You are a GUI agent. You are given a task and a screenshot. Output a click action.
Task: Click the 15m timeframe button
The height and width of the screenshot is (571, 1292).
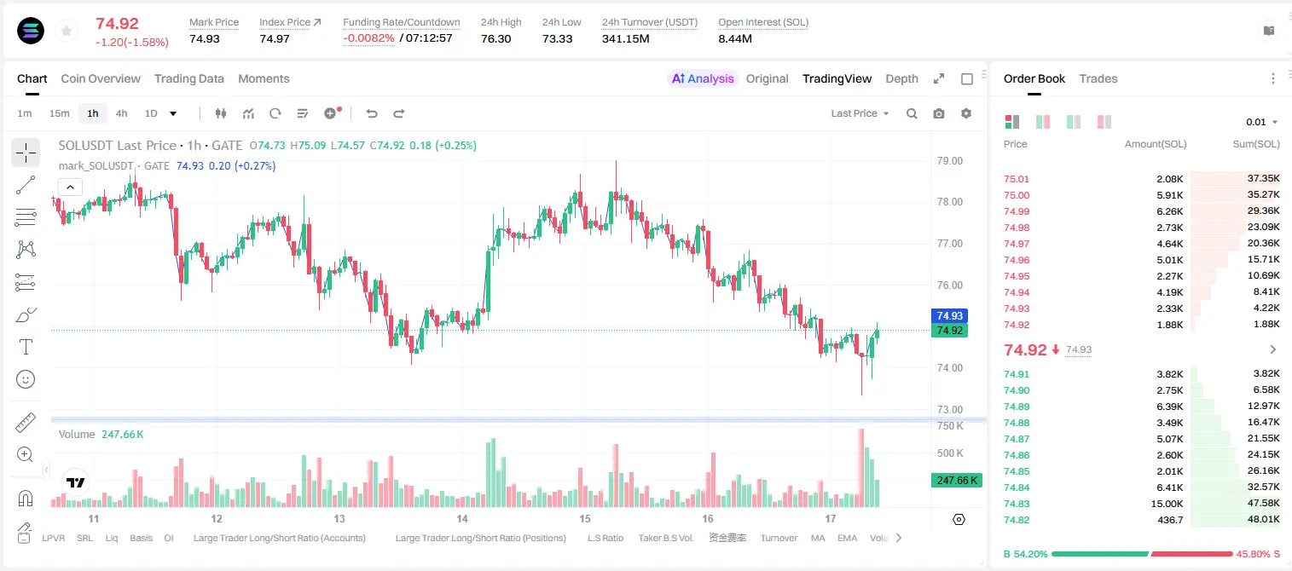59,113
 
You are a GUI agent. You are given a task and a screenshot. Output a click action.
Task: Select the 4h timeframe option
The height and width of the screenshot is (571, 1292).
121,113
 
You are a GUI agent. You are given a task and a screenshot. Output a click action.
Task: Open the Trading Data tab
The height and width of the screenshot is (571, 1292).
188,78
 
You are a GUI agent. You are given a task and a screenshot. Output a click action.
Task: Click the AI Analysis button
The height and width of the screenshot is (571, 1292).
703,78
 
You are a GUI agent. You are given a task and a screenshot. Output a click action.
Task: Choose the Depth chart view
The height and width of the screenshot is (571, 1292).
901,78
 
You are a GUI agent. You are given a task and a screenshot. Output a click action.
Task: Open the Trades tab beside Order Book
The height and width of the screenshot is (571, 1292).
1098,78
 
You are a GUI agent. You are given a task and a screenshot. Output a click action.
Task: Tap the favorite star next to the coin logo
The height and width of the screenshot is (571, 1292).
67,31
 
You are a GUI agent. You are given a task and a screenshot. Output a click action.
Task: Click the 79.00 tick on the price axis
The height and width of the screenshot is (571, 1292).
949,161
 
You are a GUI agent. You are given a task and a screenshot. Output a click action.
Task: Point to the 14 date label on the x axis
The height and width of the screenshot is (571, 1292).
462,518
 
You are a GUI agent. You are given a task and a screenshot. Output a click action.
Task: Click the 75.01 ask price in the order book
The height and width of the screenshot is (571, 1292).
1017,179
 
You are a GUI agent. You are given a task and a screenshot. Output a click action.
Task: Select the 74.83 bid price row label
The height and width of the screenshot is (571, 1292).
1017,504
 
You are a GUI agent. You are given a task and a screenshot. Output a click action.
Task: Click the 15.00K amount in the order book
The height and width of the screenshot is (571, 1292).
1167,504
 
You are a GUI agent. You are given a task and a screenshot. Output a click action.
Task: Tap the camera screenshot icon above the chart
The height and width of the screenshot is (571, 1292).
939,113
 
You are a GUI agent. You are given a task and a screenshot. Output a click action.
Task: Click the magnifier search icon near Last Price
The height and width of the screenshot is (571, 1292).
912,113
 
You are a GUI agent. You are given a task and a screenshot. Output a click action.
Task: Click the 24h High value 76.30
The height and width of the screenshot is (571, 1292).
496,38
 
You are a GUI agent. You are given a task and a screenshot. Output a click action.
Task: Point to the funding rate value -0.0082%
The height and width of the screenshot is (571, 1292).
368,38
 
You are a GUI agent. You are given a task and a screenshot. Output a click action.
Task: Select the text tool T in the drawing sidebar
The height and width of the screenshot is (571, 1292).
26,347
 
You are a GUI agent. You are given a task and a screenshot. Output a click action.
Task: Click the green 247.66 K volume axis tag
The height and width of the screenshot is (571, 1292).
957,480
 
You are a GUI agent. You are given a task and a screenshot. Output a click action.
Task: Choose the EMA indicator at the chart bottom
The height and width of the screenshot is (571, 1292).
847,538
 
